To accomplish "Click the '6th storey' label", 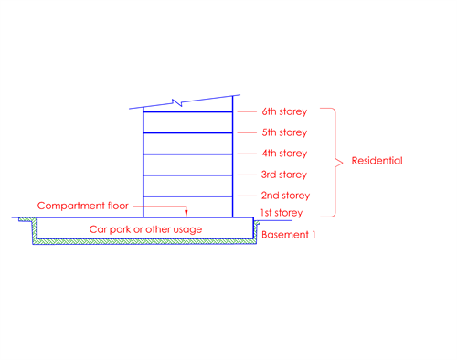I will click(x=284, y=112).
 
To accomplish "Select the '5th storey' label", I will click(x=284, y=132).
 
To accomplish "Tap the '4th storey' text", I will click(x=284, y=154).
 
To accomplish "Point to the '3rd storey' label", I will click(x=284, y=175).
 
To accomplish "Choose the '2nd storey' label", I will click(x=284, y=196).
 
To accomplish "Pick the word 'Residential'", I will click(x=377, y=161).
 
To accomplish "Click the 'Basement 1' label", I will click(x=288, y=235).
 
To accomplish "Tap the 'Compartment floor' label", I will click(x=77, y=206).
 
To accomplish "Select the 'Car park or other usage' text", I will click(x=145, y=228).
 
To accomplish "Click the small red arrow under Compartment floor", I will click(x=187, y=211).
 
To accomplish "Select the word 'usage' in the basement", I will click(x=186, y=228).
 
